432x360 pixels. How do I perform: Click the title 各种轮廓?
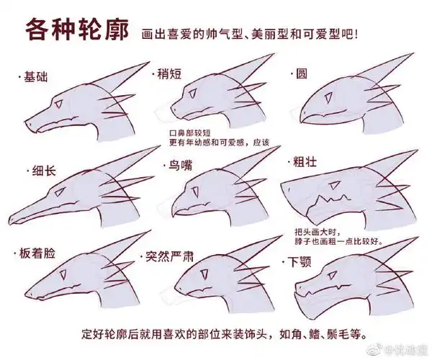(x=77, y=30)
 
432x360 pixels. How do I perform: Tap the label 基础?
(x=35, y=76)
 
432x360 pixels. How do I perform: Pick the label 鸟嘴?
(x=180, y=166)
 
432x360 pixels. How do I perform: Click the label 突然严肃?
(x=171, y=256)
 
